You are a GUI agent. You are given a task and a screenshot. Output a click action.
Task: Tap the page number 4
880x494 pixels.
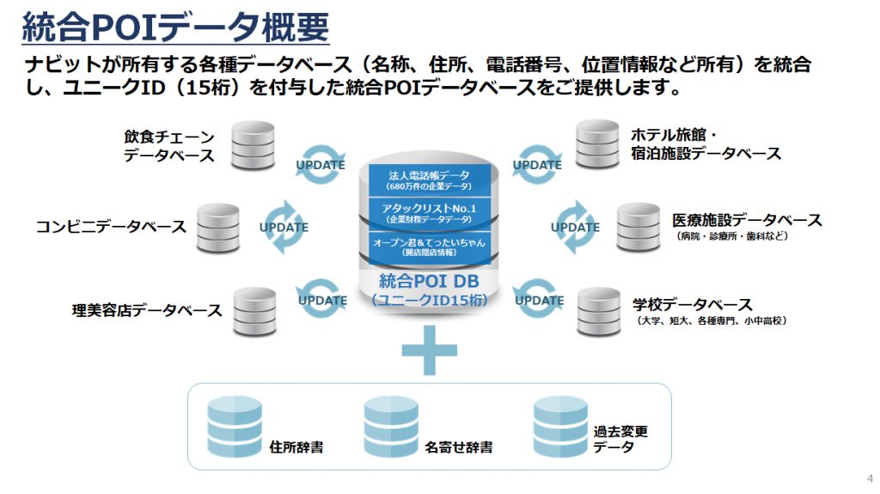[x=870, y=479]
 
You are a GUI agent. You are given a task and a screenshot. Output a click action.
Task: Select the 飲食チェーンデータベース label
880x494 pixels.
[x=168, y=146]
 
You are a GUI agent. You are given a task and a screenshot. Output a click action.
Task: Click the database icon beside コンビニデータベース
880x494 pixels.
[x=218, y=228]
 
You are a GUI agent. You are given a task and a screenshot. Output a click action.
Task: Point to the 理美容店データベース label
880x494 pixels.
[x=147, y=309]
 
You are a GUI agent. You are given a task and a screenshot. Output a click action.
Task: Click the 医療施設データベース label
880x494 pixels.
[x=746, y=220]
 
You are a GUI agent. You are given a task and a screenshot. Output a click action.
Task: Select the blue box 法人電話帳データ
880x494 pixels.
[x=430, y=180]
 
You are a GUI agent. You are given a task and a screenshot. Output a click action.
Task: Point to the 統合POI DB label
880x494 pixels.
[x=429, y=282]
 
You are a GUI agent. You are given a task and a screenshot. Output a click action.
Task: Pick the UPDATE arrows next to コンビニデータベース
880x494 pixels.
[x=284, y=228]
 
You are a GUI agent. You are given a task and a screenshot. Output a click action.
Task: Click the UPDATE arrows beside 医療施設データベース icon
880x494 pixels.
[x=575, y=227]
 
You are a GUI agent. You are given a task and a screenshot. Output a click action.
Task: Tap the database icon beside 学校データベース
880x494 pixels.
[x=599, y=310]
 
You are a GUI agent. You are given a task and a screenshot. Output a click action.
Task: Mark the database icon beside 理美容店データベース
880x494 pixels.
[x=255, y=311]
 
